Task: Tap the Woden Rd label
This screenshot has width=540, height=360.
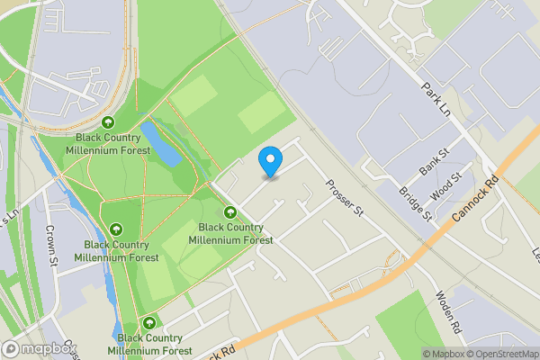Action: point(447,313)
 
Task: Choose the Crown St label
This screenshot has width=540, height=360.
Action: point(51,246)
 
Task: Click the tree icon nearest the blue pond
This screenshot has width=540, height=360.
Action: point(109,123)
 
